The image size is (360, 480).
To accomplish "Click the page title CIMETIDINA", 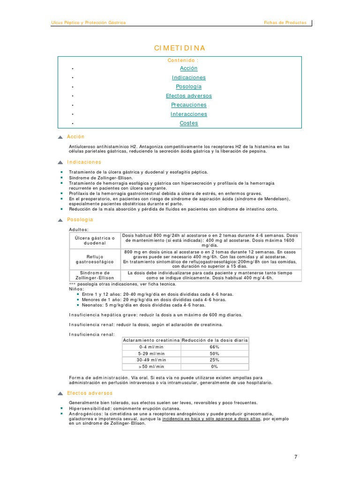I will point(180,48).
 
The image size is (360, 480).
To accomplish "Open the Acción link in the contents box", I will point(188,68).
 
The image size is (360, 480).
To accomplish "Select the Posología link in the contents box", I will point(188,87).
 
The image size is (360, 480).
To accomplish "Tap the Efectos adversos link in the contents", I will point(188,96).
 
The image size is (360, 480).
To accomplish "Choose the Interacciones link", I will point(188,114).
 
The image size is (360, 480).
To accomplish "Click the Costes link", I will point(188,123).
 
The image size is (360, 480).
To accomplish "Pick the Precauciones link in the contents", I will point(188,105).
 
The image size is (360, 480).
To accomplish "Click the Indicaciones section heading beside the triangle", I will point(84,162).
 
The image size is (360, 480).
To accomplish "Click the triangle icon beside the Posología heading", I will point(60,220).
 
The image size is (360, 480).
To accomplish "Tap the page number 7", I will point(296,457).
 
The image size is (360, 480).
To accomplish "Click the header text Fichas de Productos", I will point(285,22).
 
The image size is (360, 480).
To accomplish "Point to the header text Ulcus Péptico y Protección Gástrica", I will point(88,22).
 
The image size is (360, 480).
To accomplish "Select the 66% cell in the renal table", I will point(215,347).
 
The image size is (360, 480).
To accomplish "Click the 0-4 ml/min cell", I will point(151,347).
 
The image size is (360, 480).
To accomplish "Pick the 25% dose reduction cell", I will point(215,360).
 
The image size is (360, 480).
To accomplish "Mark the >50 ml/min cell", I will point(151,367).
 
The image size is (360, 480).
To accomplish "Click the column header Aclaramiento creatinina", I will point(151,340).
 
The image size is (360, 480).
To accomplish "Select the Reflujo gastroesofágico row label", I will point(95,259).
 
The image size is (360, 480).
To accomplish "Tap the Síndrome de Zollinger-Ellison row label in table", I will point(95,275).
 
